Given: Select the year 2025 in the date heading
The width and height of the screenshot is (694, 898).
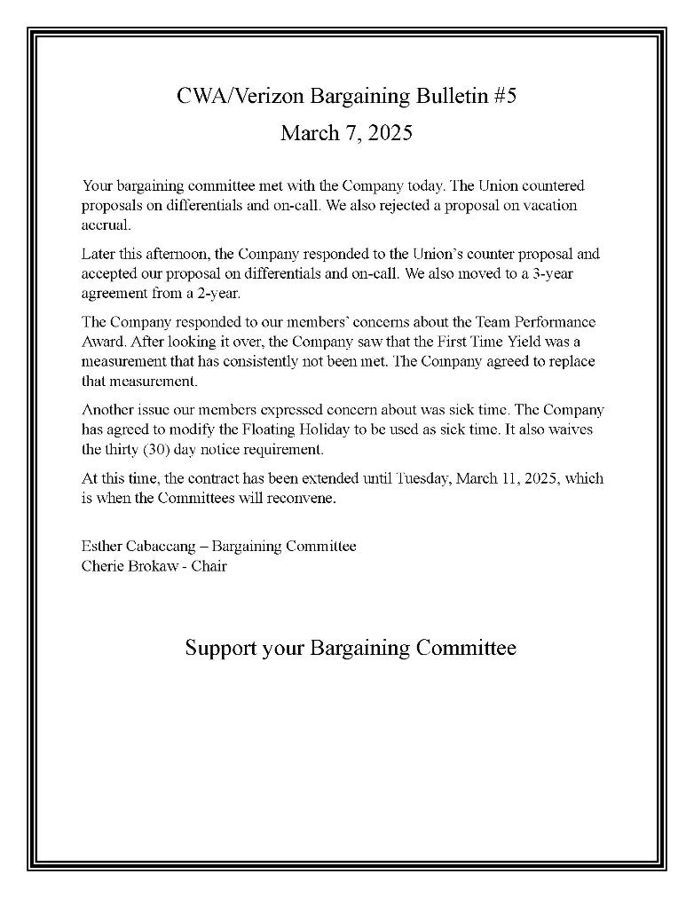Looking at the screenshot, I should pyautogui.click(x=391, y=133).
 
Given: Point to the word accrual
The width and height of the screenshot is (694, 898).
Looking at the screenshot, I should pyautogui.click(x=106, y=224).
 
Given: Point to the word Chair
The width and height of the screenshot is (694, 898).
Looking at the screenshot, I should pyautogui.click(x=209, y=565).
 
